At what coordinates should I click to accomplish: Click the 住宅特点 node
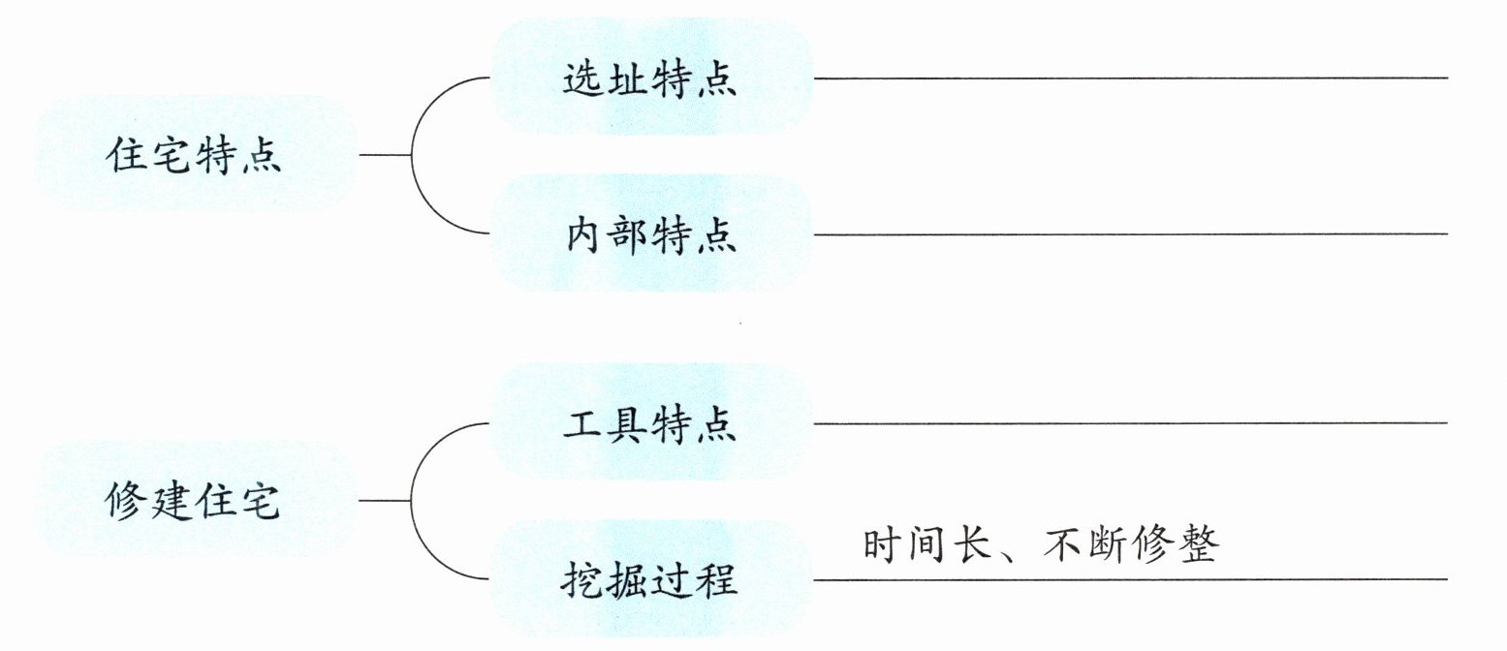click(x=194, y=155)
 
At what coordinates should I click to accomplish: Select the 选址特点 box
click(x=649, y=79)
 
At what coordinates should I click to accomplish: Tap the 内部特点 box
click(x=649, y=234)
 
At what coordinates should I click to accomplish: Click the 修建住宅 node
click(x=194, y=502)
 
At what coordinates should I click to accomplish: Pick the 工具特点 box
click(x=649, y=424)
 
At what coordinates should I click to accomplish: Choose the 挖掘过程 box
click(x=649, y=580)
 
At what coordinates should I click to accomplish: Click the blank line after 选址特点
click(x=1129, y=77)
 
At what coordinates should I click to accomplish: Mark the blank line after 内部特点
click(x=1129, y=233)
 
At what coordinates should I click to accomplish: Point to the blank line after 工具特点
click(x=1129, y=422)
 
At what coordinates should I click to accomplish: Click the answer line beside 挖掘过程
click(x=1129, y=579)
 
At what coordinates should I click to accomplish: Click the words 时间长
click(x=926, y=545)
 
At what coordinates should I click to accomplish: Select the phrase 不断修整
click(x=1131, y=545)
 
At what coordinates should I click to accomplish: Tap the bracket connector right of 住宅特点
click(x=414, y=155)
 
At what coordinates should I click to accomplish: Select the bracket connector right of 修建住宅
click(x=414, y=501)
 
